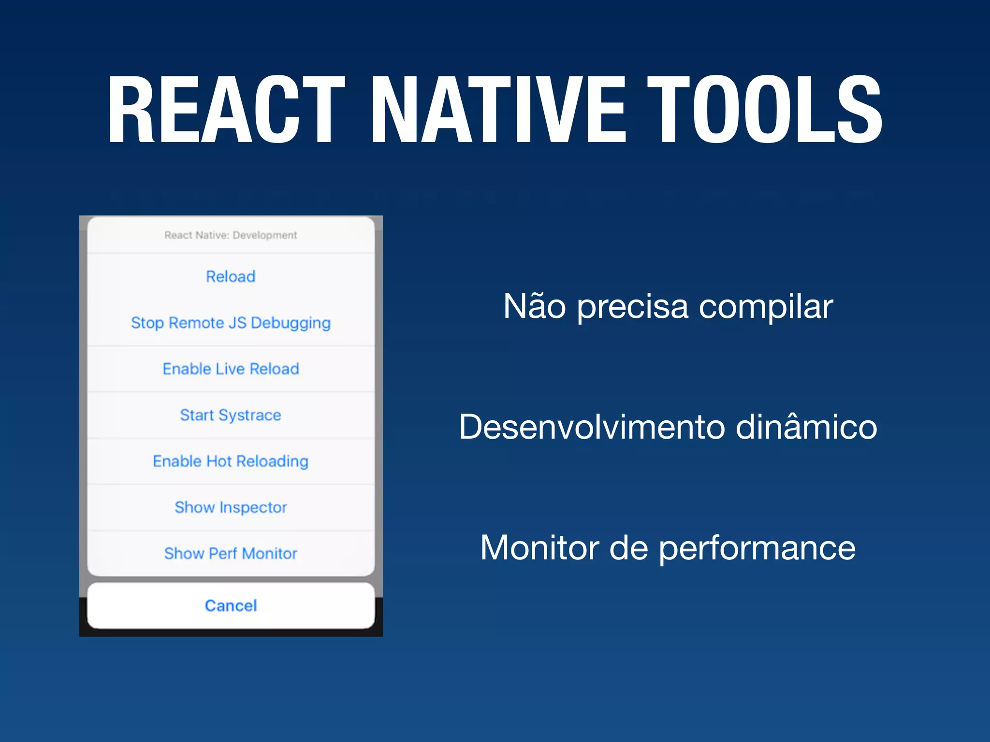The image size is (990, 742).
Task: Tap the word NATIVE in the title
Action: (498, 110)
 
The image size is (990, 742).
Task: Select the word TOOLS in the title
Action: (764, 110)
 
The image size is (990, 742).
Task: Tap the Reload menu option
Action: (231, 277)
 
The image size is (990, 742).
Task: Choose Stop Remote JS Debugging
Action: (231, 323)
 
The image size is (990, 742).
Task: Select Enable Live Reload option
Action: (231, 369)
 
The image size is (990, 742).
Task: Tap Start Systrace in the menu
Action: (231, 415)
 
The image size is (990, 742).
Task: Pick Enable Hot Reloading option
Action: (231, 461)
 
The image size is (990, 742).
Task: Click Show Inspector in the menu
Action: (231, 507)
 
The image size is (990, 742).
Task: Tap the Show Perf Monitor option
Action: (231, 554)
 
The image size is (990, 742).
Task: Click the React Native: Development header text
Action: (231, 235)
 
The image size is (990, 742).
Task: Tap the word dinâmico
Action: (806, 427)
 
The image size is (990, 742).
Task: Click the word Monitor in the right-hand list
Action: (539, 548)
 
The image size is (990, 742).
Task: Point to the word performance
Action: (757, 549)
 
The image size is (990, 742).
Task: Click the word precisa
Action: (632, 307)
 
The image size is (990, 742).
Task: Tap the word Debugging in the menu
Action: (291, 323)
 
